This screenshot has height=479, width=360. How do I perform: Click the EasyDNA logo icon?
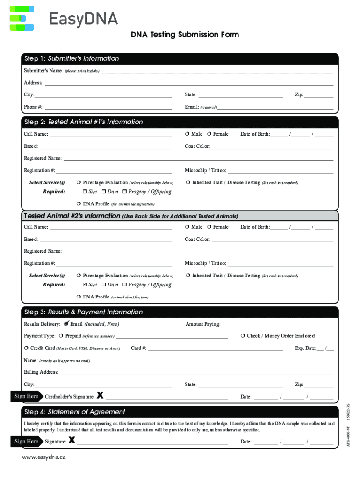click(x=22, y=19)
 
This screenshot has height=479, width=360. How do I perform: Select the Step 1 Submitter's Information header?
click(x=72, y=58)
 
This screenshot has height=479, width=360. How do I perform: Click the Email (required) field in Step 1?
click(x=276, y=107)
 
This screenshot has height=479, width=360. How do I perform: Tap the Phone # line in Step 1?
click(x=108, y=107)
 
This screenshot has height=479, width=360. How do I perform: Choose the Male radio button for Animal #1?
click(x=187, y=134)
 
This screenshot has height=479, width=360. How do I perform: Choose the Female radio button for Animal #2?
click(x=209, y=227)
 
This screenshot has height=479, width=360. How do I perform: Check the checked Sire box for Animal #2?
click(x=85, y=285)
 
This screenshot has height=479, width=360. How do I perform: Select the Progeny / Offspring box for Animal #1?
click(x=125, y=192)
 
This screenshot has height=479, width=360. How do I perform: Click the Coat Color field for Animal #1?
click(x=273, y=146)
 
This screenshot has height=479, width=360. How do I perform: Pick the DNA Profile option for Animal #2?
click(x=79, y=297)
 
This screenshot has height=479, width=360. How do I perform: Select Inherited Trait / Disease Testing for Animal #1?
click(x=187, y=183)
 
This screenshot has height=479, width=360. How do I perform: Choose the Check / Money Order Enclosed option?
click(x=243, y=336)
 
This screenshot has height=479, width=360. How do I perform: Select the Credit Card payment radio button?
click(x=26, y=348)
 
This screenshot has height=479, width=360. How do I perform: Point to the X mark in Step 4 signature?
click(x=72, y=440)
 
